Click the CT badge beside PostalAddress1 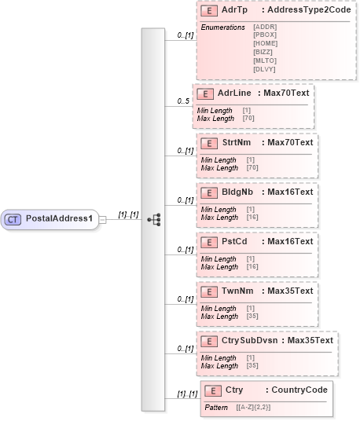click(x=13, y=219)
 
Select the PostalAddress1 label click(x=59, y=219)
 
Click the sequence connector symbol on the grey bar click(x=153, y=219)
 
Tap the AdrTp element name click(x=232, y=12)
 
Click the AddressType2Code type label click(x=299, y=12)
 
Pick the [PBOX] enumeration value click(x=265, y=35)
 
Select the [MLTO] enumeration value click(x=265, y=59)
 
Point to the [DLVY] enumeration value click(x=265, y=68)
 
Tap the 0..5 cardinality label click(x=183, y=101)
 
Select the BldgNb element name click(x=237, y=192)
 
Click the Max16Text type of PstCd click(x=290, y=241)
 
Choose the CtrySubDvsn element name click(x=251, y=340)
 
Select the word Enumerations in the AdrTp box click(x=223, y=27)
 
